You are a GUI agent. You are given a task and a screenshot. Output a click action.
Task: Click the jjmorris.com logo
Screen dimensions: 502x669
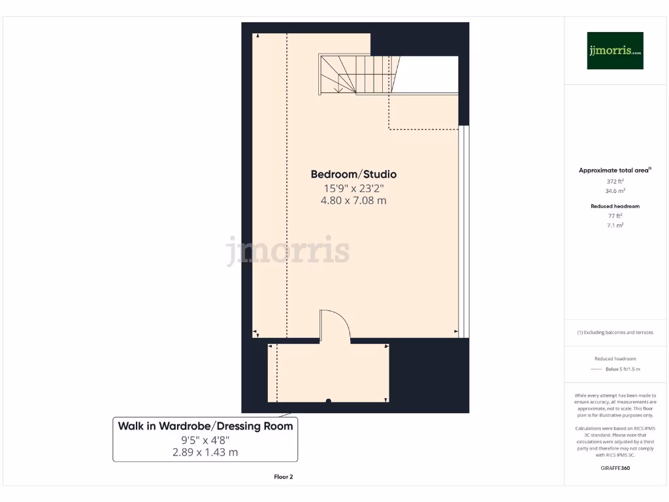point(615,50)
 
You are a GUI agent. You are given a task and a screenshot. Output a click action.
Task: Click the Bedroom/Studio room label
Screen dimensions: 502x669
point(353,175)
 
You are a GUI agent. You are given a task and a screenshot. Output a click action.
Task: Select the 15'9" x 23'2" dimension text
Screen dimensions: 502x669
point(353,188)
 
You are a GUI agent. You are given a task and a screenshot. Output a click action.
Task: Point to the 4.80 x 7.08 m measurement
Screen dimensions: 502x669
point(353,201)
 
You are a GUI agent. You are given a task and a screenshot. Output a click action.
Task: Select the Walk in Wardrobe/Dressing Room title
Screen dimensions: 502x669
point(205,426)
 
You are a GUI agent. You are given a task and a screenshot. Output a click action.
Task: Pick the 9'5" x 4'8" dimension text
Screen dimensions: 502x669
point(205,440)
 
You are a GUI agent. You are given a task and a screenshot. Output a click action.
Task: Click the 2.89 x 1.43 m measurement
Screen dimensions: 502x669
point(205,452)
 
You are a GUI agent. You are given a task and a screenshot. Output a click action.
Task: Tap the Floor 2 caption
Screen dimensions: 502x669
point(283,477)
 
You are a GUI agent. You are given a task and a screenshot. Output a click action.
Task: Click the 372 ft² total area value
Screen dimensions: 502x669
point(615,181)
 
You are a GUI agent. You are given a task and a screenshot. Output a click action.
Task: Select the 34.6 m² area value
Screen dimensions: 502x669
point(615,191)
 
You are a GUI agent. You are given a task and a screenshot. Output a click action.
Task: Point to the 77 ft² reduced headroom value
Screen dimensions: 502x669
point(615,215)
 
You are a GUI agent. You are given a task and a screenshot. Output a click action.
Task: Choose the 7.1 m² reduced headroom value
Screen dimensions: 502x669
point(615,225)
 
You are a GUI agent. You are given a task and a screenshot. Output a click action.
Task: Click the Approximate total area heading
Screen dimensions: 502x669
point(614,170)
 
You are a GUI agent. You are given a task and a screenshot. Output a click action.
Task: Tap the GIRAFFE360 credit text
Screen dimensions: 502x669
point(615,468)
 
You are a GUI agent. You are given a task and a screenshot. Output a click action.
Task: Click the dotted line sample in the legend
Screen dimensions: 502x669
point(595,369)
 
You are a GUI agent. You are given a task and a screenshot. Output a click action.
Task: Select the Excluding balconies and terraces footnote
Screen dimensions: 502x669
point(615,332)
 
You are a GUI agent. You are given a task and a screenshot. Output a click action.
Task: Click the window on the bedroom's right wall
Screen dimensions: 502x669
point(464,231)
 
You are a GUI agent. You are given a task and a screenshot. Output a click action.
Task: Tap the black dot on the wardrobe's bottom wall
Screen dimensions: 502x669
point(329,401)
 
